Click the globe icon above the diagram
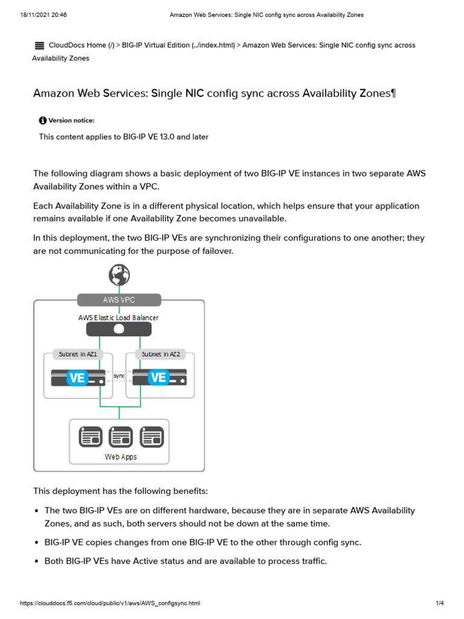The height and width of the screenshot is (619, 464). [x=119, y=275]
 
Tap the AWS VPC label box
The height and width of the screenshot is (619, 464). [x=119, y=300]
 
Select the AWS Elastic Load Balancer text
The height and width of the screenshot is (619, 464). [x=119, y=317]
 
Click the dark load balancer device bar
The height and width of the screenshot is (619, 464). [x=119, y=329]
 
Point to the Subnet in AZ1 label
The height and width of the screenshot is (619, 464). [x=78, y=354]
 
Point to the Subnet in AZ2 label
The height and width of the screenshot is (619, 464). [x=161, y=354]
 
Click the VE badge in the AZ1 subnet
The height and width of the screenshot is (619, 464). [x=77, y=378]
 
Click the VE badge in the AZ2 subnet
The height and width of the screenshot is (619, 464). [x=158, y=378]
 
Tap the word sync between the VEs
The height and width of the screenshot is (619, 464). [x=119, y=375]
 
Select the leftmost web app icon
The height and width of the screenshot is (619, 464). [x=91, y=436]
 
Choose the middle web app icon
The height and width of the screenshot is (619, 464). [x=121, y=436]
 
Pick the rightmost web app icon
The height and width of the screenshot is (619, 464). [x=151, y=436]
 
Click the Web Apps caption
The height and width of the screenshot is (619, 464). [x=121, y=457]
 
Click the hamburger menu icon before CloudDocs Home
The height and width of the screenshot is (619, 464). [x=39, y=45]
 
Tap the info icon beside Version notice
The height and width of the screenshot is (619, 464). [x=43, y=120]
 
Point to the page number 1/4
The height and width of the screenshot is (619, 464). [x=440, y=603]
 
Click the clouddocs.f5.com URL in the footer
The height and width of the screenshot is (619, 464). [x=110, y=603]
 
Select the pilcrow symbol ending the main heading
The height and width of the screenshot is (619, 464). [x=393, y=94]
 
